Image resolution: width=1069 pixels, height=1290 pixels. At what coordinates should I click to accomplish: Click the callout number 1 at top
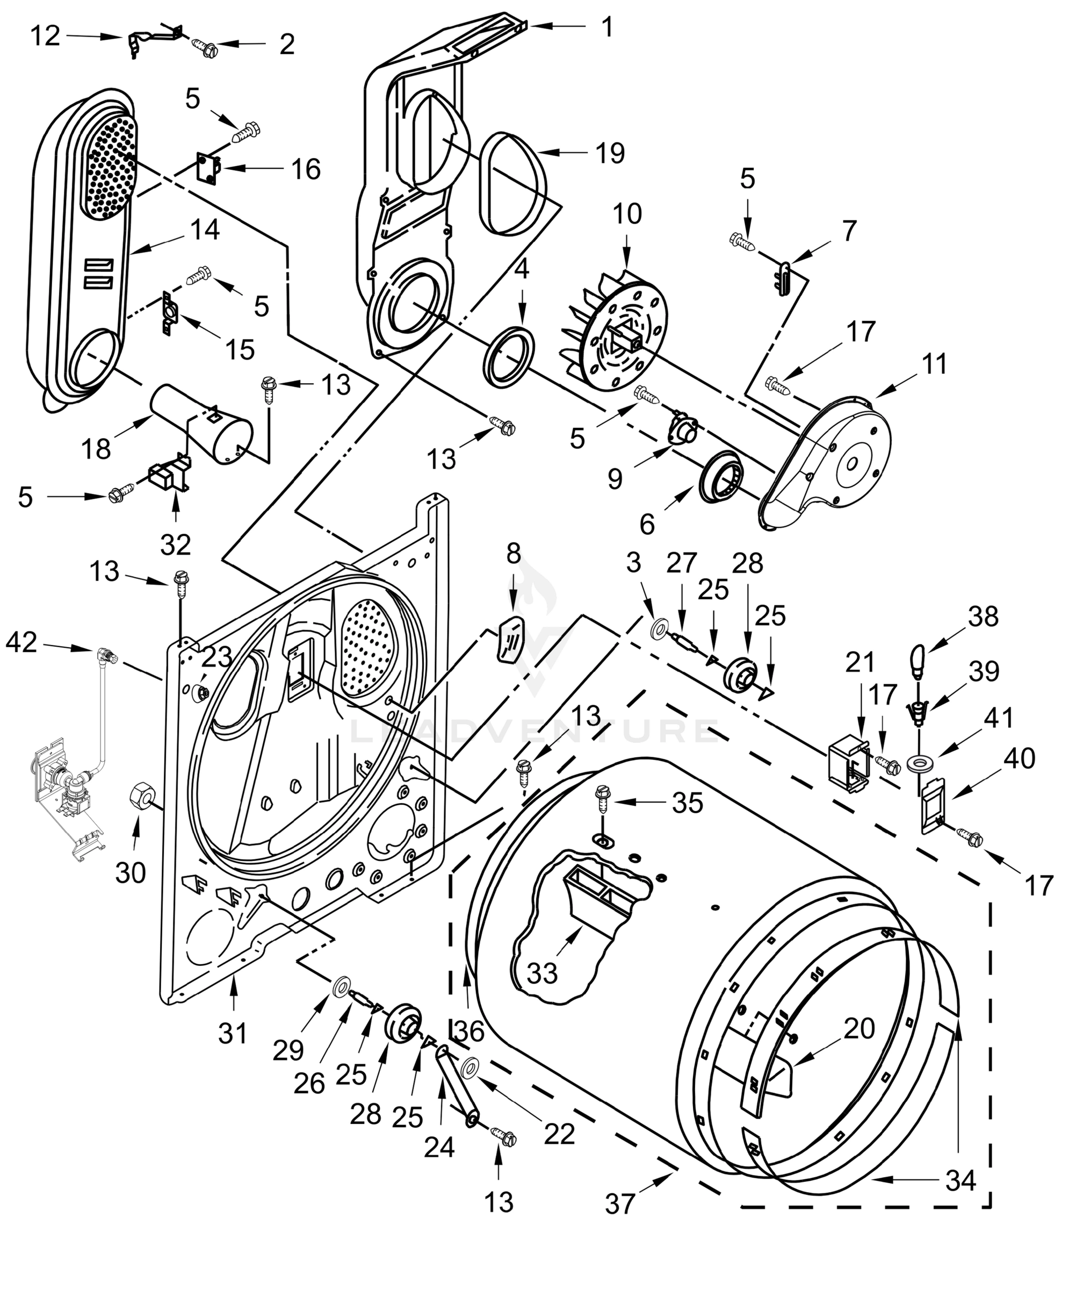pos(606,26)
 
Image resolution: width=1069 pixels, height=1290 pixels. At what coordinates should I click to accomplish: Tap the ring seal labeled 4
pos(510,357)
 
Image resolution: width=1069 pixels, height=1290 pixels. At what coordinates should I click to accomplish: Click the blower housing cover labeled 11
pos(829,461)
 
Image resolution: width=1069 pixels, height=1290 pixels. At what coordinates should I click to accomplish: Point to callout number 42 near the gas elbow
pos(22,643)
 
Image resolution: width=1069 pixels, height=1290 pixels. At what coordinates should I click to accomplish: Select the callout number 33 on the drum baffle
pos(542,973)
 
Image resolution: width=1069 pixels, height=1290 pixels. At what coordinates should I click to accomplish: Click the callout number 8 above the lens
pos(514,554)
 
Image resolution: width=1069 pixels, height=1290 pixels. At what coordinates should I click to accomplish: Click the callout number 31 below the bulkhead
pos(233,1033)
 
